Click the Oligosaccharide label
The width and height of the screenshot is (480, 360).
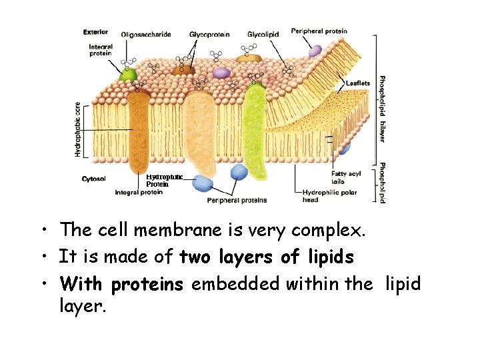146,34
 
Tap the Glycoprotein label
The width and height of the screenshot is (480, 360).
209,33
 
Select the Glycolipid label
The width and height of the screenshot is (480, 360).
263,33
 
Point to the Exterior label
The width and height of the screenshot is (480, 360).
96,31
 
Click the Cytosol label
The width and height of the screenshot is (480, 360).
93,178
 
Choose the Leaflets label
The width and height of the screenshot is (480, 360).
358,83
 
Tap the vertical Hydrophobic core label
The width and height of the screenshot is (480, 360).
78,129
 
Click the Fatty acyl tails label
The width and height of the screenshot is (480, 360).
346,177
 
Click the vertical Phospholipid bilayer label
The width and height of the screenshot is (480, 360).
383,108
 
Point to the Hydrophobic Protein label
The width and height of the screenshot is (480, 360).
163,180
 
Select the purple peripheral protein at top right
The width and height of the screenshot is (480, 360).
315,51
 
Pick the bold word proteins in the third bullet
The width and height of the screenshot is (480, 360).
147,285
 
